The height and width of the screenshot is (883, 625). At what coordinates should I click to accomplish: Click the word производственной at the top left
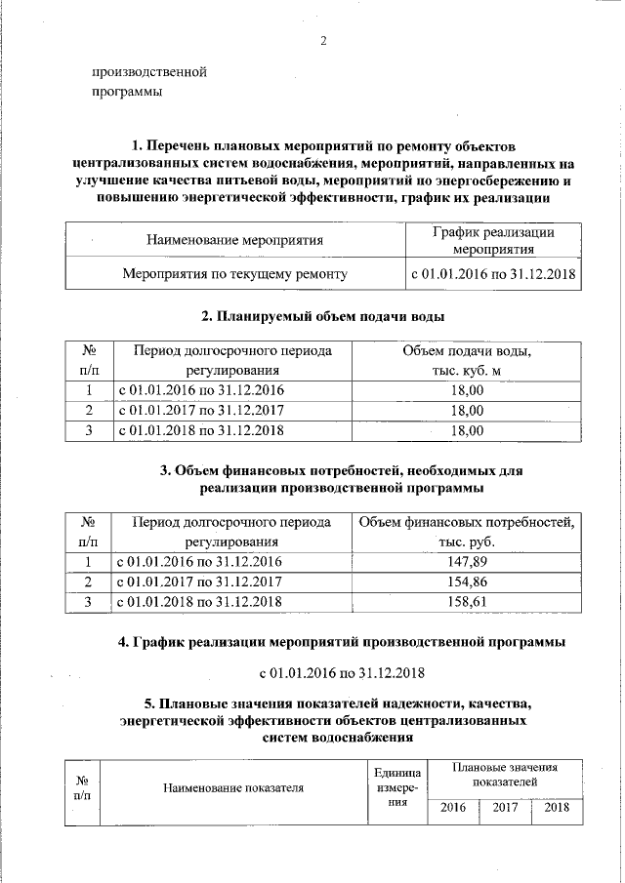coord(149,71)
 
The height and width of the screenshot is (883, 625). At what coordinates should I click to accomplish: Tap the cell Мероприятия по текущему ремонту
coord(234,274)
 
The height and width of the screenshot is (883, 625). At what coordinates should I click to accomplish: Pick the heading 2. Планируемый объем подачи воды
coord(322,317)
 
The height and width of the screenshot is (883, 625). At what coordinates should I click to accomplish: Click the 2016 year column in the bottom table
coord(453,807)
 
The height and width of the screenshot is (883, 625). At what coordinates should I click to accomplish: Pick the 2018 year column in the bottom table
coord(557,807)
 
